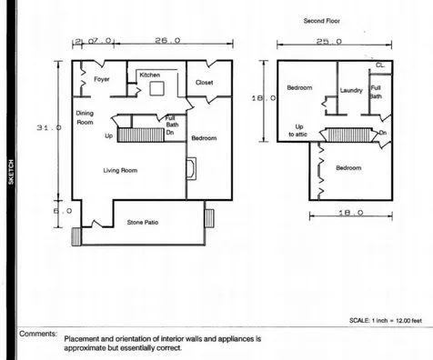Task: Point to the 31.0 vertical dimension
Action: coord(46,127)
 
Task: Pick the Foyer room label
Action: coord(101,80)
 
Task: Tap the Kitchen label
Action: coord(149,75)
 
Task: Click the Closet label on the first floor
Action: coord(206,83)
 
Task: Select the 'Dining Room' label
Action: coord(84,117)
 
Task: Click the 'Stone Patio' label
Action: coord(143,221)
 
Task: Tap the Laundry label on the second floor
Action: coord(351,91)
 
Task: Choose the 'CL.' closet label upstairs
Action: coord(379,66)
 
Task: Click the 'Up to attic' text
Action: coord(299,130)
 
